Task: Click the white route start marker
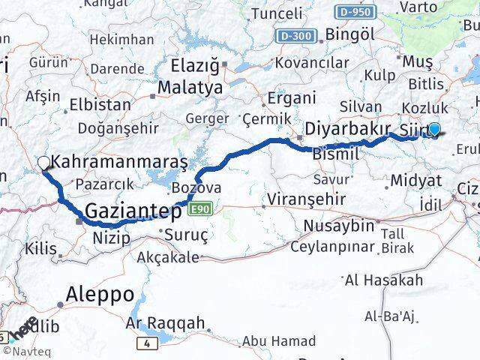click(43, 162)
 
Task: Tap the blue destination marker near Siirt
click(433, 129)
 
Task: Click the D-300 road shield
click(297, 36)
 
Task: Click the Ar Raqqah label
click(165, 323)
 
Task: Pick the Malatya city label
click(190, 87)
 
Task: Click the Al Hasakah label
click(383, 280)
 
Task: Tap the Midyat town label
click(415, 181)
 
